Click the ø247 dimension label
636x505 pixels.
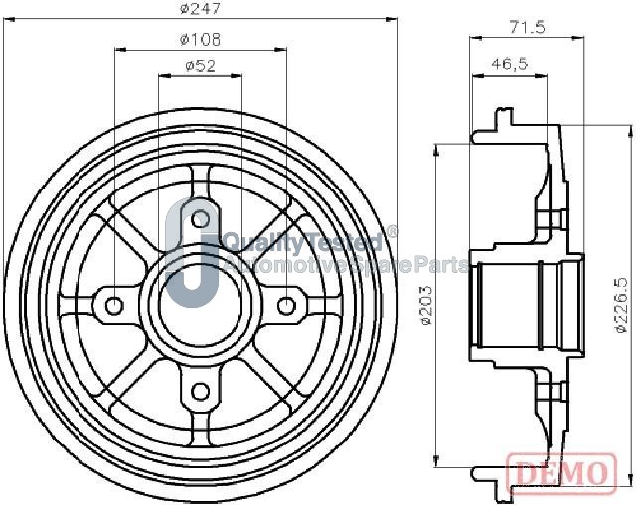pos(200,9)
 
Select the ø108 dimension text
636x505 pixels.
pos(200,40)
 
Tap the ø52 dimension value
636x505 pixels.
pos(200,66)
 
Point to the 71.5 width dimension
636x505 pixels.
pos(528,27)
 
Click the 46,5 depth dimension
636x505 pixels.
pos(510,63)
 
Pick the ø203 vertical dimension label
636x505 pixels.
pos(426,305)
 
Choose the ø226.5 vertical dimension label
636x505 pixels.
pos(621,305)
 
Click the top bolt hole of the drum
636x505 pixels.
pos(200,219)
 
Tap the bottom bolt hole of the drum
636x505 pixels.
pos(200,392)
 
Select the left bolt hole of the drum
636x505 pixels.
pos(113,306)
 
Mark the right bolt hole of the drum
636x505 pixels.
pos(286,306)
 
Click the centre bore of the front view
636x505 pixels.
pos(200,306)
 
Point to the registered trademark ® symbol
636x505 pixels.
pos(392,232)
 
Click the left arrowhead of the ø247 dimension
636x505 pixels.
pos(9,19)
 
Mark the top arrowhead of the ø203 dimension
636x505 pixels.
pos(436,149)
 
